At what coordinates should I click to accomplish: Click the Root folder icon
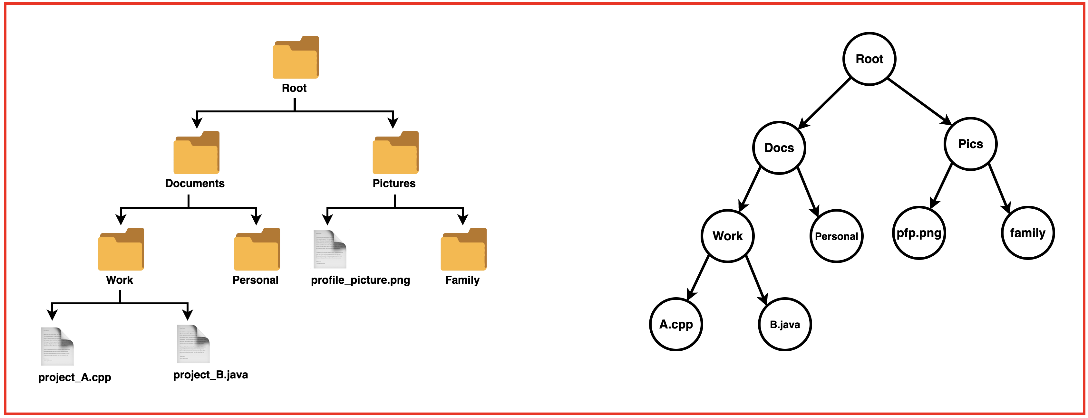tap(295, 58)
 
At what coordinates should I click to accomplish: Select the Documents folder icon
tap(196, 153)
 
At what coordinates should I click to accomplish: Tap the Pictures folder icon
tap(395, 153)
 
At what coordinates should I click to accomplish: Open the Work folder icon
tap(121, 250)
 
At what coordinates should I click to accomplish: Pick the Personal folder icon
tap(257, 250)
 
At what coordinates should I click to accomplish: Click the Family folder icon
tap(463, 250)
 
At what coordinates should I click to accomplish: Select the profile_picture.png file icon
tap(329, 250)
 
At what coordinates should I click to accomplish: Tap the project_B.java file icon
tap(193, 344)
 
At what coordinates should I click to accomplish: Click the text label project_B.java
tap(210, 375)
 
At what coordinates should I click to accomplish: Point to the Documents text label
tap(195, 183)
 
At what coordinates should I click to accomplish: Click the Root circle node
tap(869, 59)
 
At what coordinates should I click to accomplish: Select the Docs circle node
tap(779, 148)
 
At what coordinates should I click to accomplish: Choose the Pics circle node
tap(970, 144)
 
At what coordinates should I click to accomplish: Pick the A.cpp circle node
tap(676, 324)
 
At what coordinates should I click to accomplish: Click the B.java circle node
tap(785, 324)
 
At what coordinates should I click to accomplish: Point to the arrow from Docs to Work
tap(750, 189)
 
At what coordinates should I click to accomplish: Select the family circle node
tap(1028, 233)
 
